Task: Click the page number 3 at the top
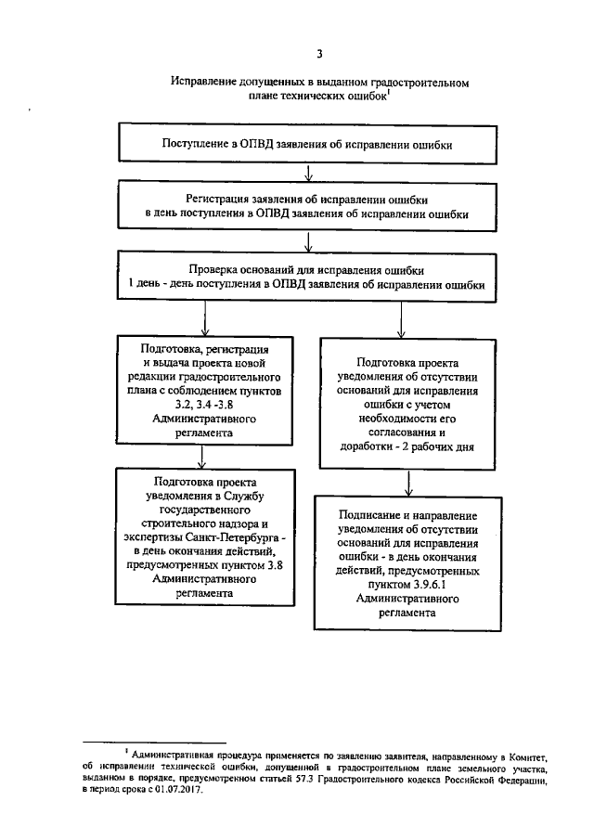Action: (319, 53)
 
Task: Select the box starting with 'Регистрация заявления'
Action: (307, 207)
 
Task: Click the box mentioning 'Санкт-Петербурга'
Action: (205, 537)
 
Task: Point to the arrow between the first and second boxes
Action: (307, 172)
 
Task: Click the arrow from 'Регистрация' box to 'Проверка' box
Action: (307, 241)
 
